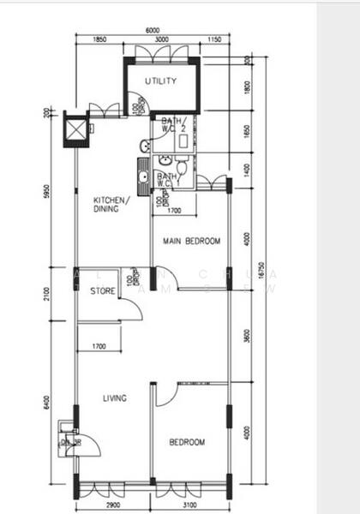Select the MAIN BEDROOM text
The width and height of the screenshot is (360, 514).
(x=192, y=242)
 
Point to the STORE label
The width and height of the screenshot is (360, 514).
(x=103, y=291)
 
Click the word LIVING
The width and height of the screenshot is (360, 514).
(x=115, y=398)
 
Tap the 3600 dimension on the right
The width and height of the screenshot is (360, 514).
(x=246, y=337)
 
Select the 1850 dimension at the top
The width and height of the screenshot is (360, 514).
(x=99, y=40)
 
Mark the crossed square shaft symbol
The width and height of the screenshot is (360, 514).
(x=75, y=129)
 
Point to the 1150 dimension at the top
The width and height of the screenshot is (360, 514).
(x=214, y=40)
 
